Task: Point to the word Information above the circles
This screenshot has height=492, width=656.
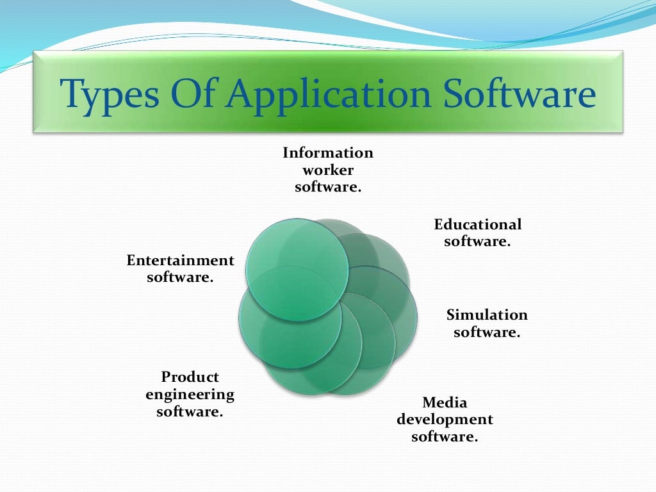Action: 328,153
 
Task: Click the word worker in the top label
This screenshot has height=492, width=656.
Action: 328,170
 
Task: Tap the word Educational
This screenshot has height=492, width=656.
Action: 478,225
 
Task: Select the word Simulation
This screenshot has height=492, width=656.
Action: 487,315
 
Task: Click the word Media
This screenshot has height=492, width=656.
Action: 445,403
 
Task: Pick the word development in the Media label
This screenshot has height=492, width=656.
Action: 445,420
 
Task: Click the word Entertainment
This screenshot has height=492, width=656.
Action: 181,261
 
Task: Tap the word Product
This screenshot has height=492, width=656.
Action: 190,377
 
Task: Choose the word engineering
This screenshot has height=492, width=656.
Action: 190,394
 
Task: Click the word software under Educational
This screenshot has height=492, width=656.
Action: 477,242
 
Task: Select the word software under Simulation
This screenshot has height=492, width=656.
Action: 487,332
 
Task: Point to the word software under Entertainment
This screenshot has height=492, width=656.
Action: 180,278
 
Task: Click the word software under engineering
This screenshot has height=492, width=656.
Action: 190,411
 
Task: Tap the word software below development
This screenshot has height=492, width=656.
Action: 445,438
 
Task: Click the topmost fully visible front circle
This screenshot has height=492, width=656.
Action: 297,269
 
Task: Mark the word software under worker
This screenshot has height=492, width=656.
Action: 328,187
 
